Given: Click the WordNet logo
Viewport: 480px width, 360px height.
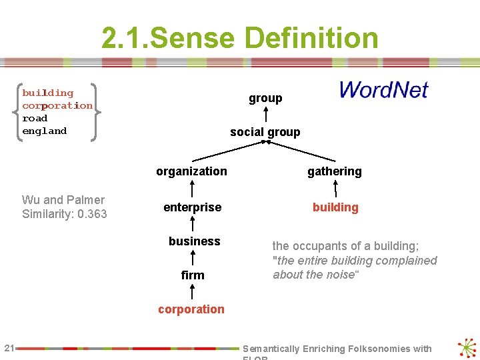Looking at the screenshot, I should (x=383, y=90).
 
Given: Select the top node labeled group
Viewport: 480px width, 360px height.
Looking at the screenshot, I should (x=265, y=98).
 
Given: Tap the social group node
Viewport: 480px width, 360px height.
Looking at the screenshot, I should (x=265, y=132).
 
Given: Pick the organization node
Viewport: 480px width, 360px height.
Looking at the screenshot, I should (x=191, y=171).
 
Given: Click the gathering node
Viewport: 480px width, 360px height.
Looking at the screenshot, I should (x=335, y=171).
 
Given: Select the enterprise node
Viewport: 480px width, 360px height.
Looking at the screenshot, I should (x=192, y=207).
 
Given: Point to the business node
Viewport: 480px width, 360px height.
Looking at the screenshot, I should (x=194, y=241).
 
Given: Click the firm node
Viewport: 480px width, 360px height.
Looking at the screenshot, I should (x=193, y=275).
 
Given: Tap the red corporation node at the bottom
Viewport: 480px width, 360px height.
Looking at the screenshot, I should (x=191, y=309).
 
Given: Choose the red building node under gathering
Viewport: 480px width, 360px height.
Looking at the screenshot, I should (x=335, y=207).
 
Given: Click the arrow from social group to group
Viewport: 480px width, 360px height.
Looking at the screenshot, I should (x=265, y=115).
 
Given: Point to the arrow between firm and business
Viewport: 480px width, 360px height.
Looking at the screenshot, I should (x=193, y=258).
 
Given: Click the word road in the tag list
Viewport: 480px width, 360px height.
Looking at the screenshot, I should (x=35, y=118).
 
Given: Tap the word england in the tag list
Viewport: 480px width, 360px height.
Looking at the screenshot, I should (x=44, y=131).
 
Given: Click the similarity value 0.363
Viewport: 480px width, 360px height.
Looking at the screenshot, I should (x=92, y=214).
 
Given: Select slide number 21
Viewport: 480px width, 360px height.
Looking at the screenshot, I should (x=9, y=347).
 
